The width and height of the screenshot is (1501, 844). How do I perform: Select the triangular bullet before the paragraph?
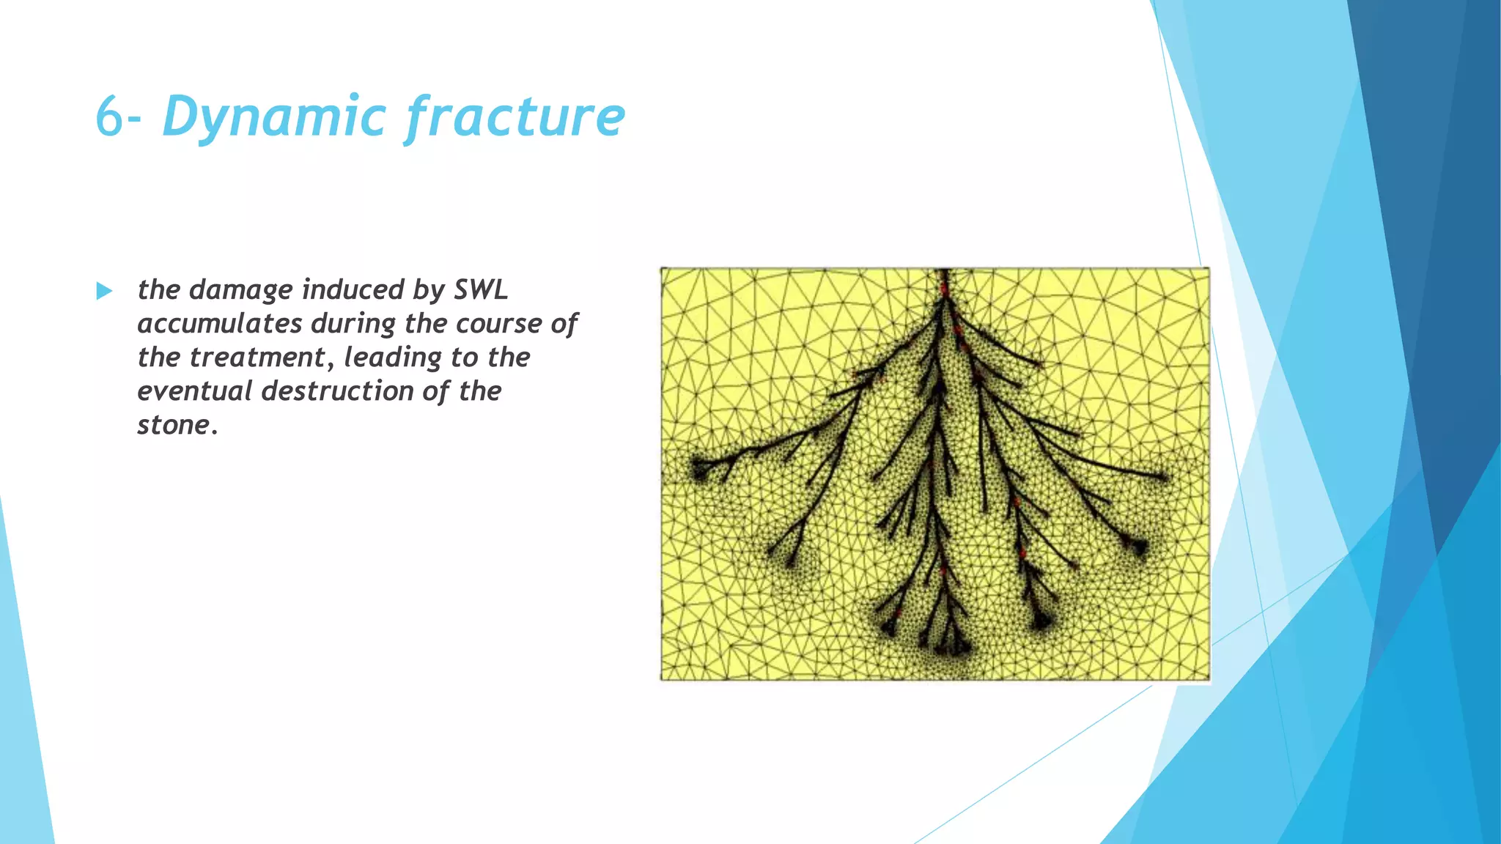tap(104, 292)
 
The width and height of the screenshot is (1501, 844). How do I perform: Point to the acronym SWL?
tap(481, 289)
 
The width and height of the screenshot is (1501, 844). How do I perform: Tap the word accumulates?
tap(220, 323)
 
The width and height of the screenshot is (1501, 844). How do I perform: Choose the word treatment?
tap(257, 358)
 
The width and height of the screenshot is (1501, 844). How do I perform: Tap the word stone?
tap(174, 425)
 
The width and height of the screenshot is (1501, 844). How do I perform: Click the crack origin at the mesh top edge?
tap(945, 273)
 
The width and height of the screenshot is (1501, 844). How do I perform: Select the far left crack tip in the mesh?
tap(697, 467)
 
